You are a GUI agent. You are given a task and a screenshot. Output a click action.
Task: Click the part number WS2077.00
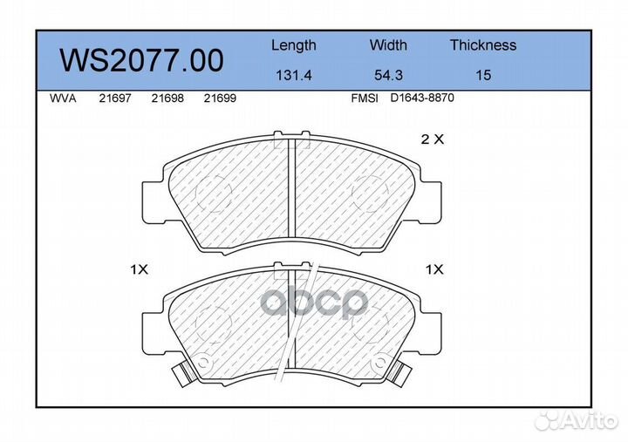click(x=141, y=60)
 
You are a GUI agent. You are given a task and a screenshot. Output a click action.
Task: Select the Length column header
click(x=294, y=45)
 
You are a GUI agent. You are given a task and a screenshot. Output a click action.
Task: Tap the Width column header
click(x=388, y=44)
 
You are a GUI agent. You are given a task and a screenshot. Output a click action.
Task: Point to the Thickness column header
click(x=483, y=44)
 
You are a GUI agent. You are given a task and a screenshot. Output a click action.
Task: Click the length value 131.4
click(x=294, y=75)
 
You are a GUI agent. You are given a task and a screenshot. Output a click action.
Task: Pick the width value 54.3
click(x=388, y=75)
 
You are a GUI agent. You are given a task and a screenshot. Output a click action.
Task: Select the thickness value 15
click(x=483, y=75)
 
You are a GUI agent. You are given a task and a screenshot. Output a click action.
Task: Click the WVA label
click(x=63, y=99)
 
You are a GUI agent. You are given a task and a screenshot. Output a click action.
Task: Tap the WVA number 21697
click(x=115, y=99)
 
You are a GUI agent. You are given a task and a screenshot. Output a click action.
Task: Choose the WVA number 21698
click(x=167, y=99)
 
